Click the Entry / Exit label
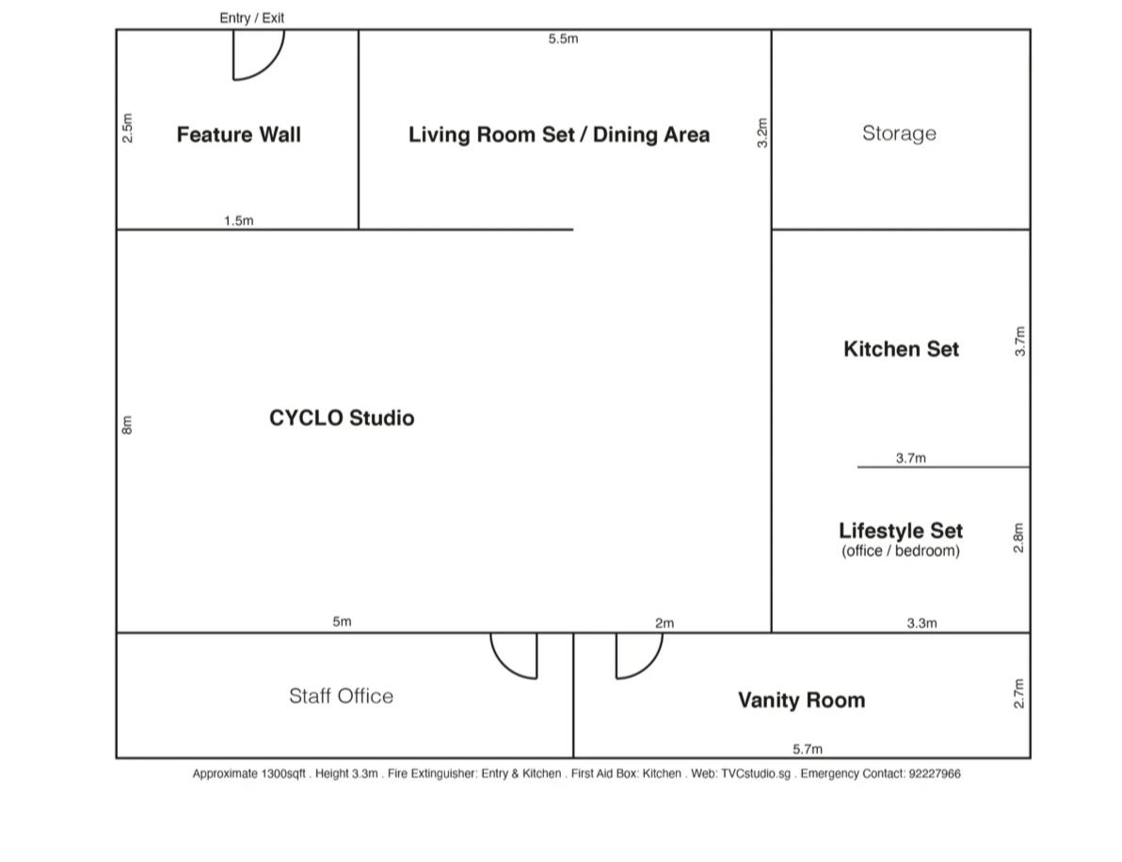(x=251, y=18)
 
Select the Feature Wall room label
(x=238, y=135)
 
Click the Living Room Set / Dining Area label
(x=558, y=135)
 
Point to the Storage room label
(x=899, y=134)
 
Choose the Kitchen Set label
(x=901, y=349)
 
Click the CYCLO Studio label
(x=341, y=418)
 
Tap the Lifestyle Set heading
(x=901, y=531)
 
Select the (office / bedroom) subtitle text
(x=901, y=551)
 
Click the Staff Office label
(x=341, y=696)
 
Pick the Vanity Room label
(x=801, y=700)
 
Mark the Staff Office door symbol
(x=515, y=655)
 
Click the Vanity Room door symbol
(x=638, y=655)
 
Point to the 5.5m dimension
(x=563, y=40)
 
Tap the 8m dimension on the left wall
(x=127, y=426)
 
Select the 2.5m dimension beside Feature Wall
(x=128, y=128)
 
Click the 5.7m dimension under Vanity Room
(x=808, y=749)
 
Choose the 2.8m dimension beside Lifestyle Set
(x=1018, y=537)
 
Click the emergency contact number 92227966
(x=934, y=774)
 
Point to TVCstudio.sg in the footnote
(x=755, y=774)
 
